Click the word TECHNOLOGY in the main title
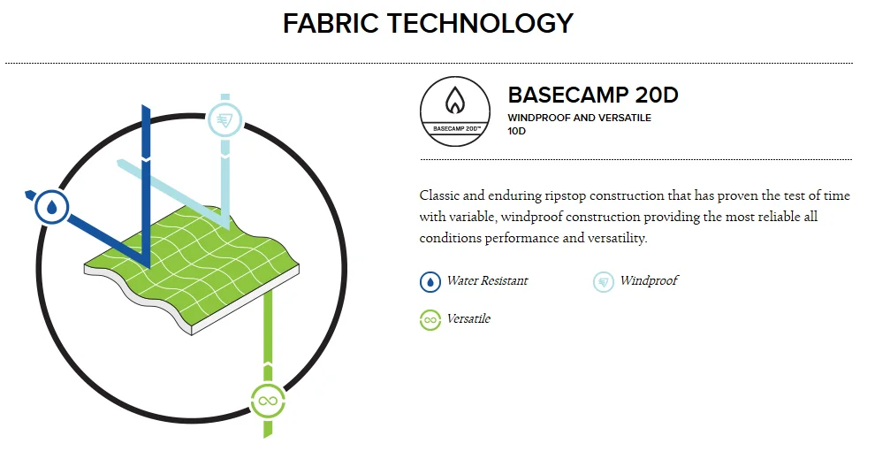pos(481,24)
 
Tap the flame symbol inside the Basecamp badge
pos(455,101)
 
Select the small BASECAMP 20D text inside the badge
pos(456,128)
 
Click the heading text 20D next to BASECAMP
pos(656,95)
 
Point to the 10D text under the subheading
pos(516,131)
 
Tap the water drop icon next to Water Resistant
pos(430,282)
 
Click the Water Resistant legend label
pos(487,281)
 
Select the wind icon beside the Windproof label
pos(604,282)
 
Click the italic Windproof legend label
pos(650,281)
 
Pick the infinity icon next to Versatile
pos(430,320)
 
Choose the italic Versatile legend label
pos(468,319)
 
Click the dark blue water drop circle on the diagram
pos(52,207)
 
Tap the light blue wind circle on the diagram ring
pos(224,119)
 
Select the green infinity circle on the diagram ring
pos(268,401)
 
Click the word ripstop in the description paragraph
pos(566,196)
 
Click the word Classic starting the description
pos(439,196)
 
